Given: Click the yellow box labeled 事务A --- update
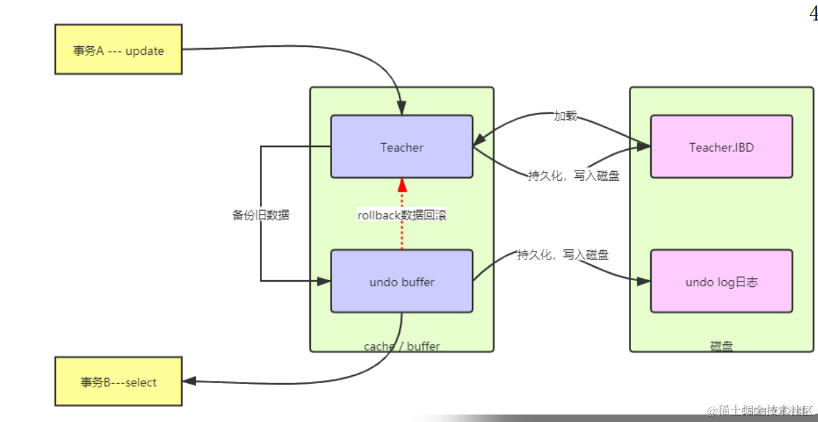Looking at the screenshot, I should [x=118, y=49].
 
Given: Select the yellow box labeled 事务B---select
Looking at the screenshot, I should [x=118, y=382].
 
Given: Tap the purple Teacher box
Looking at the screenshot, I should [x=402, y=146].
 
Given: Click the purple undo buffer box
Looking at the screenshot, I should [x=402, y=282].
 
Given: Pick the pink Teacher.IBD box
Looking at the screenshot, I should [x=721, y=146].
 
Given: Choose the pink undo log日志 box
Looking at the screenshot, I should [x=721, y=282].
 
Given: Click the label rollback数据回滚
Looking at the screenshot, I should [x=402, y=215].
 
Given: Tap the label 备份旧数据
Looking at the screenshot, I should [x=261, y=215].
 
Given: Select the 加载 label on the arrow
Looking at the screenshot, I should [x=565, y=116].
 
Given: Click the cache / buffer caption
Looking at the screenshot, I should [x=402, y=346].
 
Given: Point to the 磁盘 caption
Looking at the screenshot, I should [x=721, y=346].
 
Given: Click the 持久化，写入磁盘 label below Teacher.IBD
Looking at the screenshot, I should [x=573, y=176].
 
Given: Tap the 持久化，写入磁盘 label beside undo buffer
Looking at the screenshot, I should [x=563, y=255].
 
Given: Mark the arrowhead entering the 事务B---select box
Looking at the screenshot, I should [x=189, y=381].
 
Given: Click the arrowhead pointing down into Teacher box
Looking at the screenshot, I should [x=402, y=108].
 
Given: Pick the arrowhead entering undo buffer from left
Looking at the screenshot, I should [x=324, y=282].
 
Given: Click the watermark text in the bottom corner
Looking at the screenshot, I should [x=761, y=409].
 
